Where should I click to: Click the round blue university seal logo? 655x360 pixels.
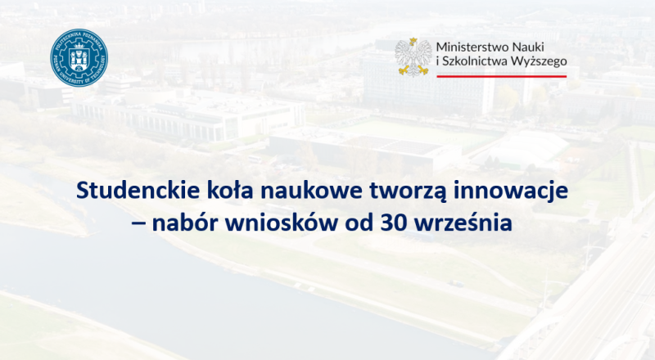point(79,57)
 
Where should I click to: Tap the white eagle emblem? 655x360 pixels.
point(413,56)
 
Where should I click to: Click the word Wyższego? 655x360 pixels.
point(541,62)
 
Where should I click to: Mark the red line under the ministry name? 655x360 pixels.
point(501,76)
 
